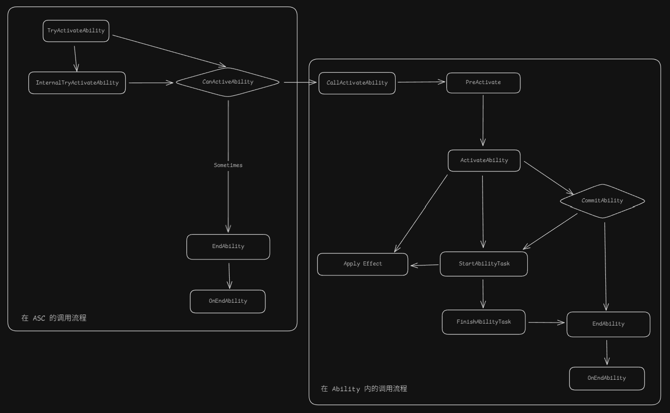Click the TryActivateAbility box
(x=76, y=31)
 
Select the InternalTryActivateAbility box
(x=77, y=83)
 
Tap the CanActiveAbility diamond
(x=228, y=82)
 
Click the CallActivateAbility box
(x=357, y=83)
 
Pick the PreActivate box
(x=483, y=83)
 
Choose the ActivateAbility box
(x=484, y=161)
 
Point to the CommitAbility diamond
(x=602, y=201)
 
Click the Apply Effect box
(x=363, y=264)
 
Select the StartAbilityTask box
(x=484, y=264)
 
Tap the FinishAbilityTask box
(x=484, y=322)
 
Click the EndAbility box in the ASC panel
(x=228, y=247)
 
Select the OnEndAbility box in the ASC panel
(x=228, y=301)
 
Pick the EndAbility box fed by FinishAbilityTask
(x=608, y=324)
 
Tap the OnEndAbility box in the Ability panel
(x=606, y=378)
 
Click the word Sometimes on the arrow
(x=228, y=165)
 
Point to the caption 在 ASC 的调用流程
(x=54, y=318)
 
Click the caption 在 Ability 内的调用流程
(x=364, y=389)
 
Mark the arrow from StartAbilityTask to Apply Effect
(x=424, y=265)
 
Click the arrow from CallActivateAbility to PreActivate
(x=421, y=83)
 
